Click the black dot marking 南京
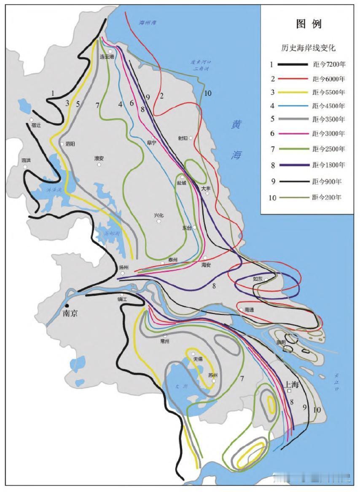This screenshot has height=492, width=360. tap(67, 306)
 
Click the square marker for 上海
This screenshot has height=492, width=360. tap(290, 391)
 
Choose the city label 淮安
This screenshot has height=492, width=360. tap(99, 158)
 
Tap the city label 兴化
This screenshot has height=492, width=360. tap(159, 215)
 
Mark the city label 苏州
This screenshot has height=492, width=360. tap(212, 375)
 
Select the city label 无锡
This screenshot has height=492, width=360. tap(198, 359)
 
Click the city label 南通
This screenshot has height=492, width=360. tap(249, 309)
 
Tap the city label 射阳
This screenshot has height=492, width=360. tap(183, 137)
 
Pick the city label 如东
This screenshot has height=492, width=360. tap(258, 279)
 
